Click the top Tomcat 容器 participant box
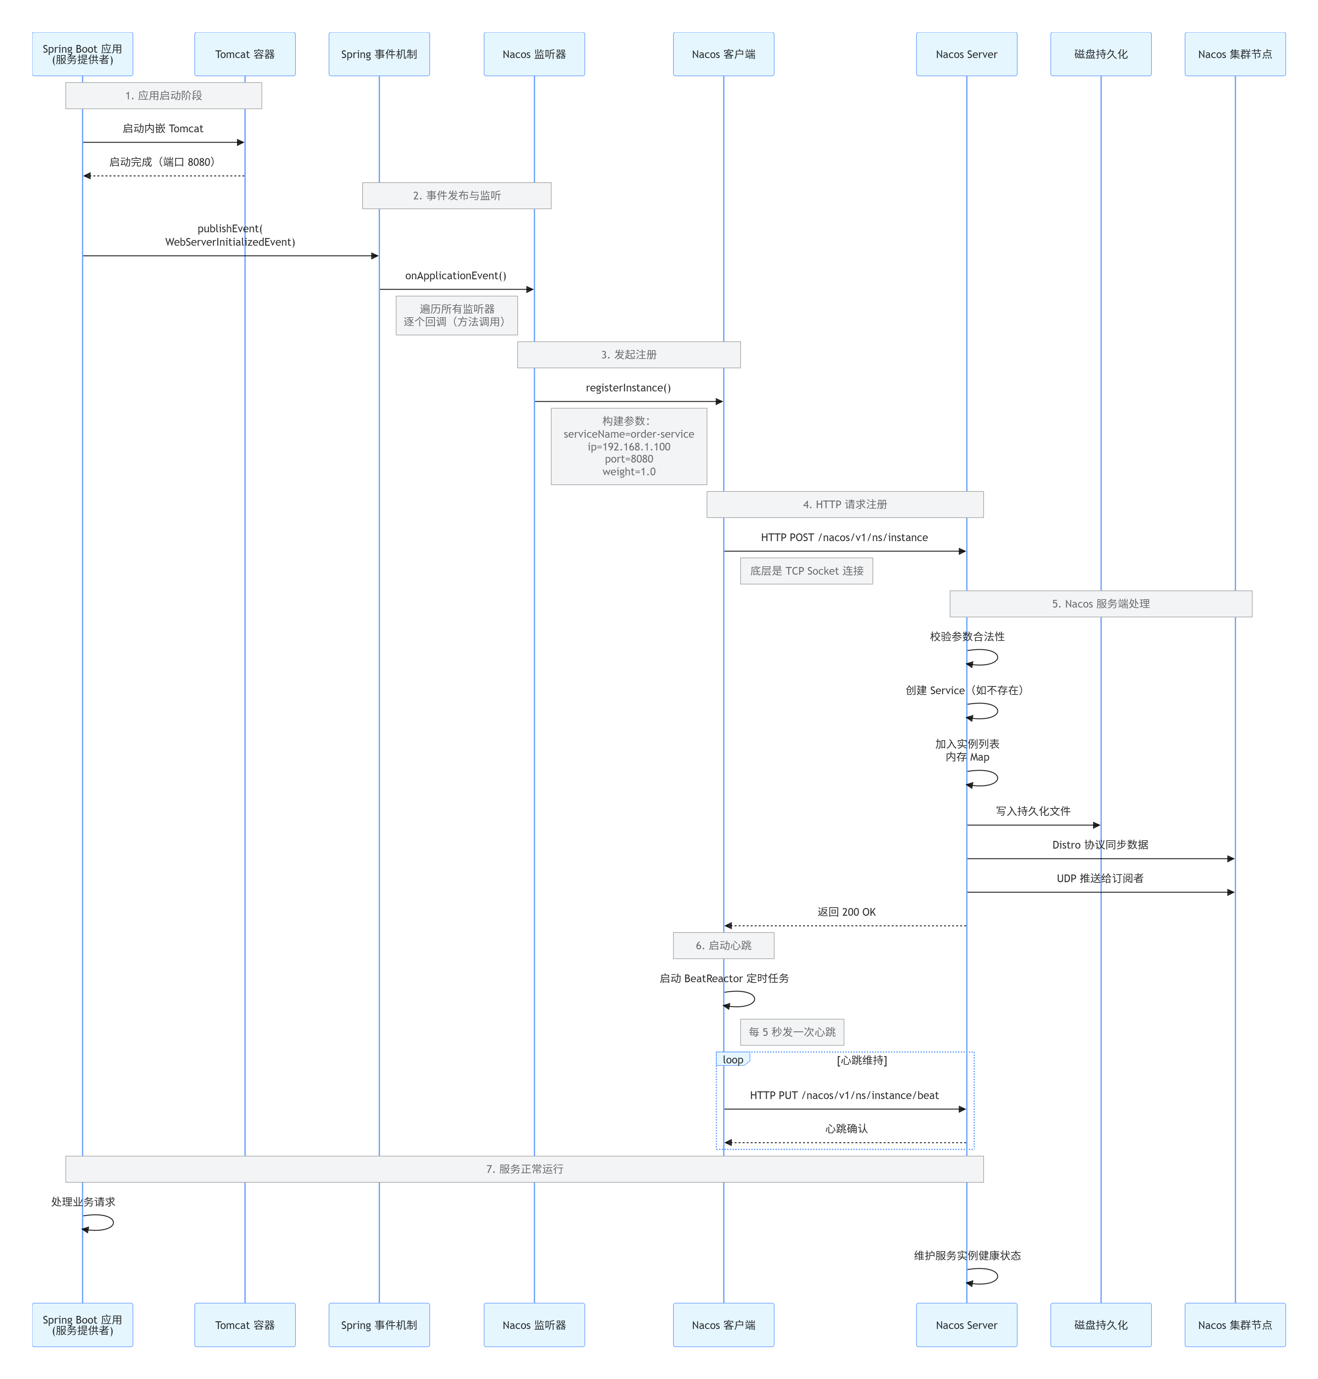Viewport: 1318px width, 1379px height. click(x=244, y=54)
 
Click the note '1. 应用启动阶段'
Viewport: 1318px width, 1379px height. click(x=164, y=96)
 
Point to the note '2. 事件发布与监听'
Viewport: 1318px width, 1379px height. click(x=457, y=195)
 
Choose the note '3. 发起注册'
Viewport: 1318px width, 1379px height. click(x=629, y=355)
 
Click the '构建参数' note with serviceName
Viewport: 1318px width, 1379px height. click(x=629, y=446)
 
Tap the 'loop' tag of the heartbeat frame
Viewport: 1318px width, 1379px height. click(x=733, y=1059)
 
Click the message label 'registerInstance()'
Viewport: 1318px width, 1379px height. click(x=628, y=388)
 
